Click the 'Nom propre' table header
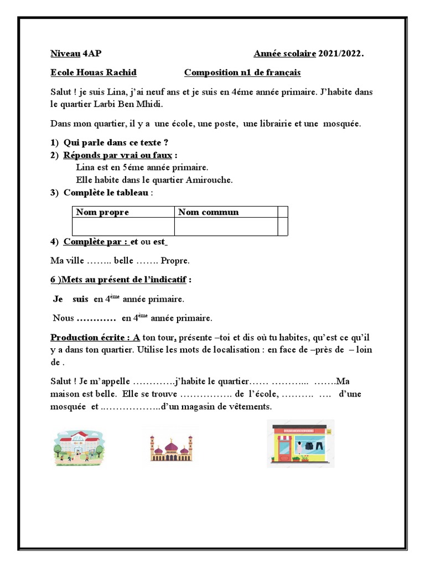(x=102, y=212)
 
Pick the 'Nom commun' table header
(x=209, y=212)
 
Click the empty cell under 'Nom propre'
(x=123, y=226)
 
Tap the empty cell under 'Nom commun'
(x=226, y=226)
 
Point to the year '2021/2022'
(x=341, y=54)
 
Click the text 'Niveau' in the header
(x=65, y=54)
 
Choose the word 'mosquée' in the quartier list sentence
(x=342, y=124)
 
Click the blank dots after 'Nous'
(x=95, y=318)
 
